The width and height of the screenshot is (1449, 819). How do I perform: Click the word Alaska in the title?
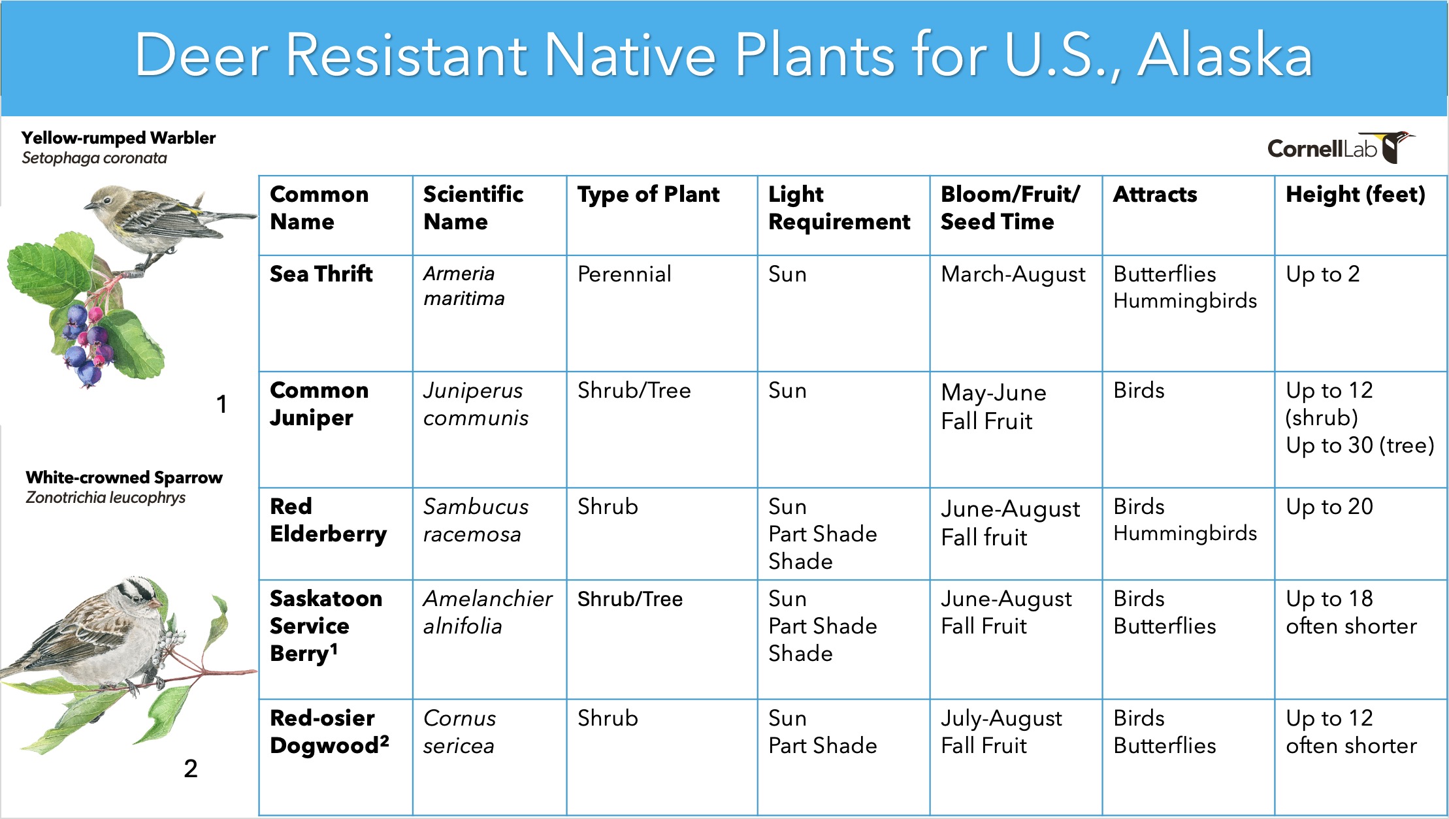click(x=1225, y=56)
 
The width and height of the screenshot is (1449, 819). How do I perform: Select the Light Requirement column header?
click(x=839, y=208)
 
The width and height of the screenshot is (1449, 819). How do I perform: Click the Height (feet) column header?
click(x=1356, y=194)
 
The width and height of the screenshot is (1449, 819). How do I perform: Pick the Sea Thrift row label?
click(x=321, y=274)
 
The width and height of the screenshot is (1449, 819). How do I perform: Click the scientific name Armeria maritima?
click(x=464, y=286)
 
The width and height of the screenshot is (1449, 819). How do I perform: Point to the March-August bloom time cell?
click(x=1013, y=275)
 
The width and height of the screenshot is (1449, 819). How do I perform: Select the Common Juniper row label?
click(x=319, y=404)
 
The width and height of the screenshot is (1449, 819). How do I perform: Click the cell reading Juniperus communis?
click(x=476, y=404)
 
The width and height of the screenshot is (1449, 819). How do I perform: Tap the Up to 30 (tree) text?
click(x=1360, y=445)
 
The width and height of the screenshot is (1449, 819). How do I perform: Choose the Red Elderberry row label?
click(x=328, y=520)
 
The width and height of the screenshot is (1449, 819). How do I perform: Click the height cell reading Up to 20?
click(x=1329, y=507)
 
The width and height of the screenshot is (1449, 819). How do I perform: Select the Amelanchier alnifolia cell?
click(x=487, y=612)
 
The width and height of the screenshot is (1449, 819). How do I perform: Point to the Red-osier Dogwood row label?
click(x=329, y=731)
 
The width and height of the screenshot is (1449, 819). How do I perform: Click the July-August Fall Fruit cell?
click(x=1001, y=732)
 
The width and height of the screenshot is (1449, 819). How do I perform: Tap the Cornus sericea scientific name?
click(x=459, y=731)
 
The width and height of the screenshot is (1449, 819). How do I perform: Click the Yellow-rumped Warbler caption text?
click(x=118, y=138)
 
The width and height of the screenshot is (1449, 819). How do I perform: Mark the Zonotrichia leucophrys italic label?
click(x=105, y=498)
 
